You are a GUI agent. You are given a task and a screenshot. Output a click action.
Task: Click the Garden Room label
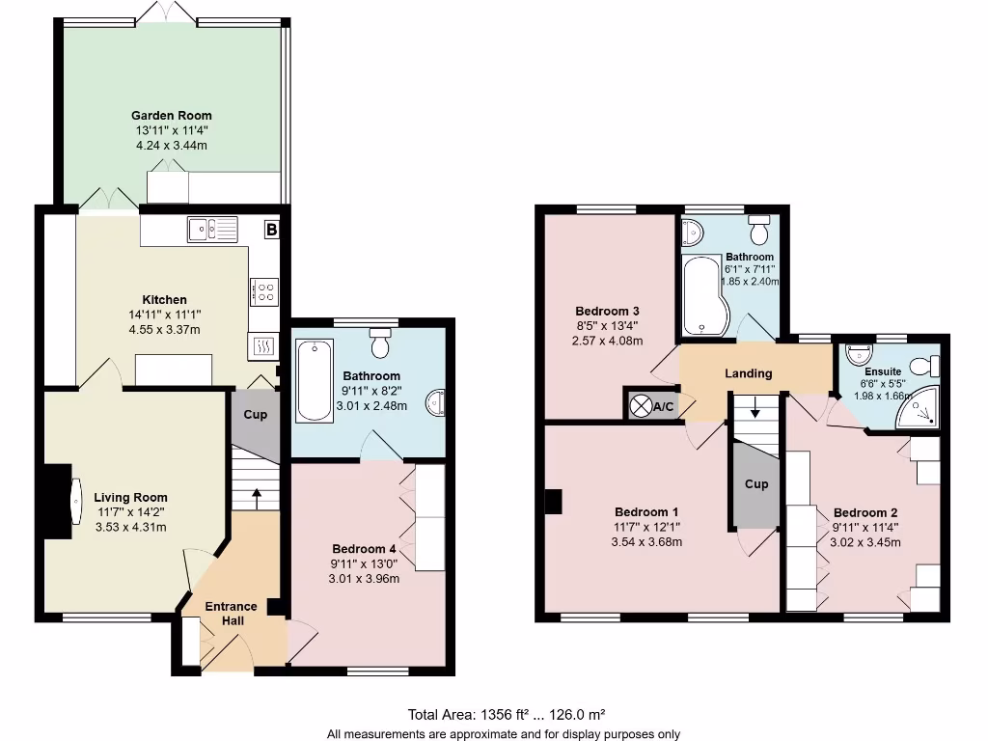[172, 116]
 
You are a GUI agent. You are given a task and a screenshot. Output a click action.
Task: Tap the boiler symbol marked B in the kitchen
[271, 230]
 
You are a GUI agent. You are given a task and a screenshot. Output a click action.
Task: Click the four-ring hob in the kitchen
[264, 290]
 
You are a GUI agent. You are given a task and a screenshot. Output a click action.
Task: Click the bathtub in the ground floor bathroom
[312, 381]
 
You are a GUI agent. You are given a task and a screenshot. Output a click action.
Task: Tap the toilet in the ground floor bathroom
[381, 343]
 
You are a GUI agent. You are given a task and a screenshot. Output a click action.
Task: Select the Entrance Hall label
[232, 614]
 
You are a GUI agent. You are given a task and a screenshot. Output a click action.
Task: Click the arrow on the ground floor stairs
[256, 496]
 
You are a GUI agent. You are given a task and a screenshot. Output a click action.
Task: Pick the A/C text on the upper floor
[664, 407]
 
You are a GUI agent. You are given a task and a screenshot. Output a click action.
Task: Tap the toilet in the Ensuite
[928, 364]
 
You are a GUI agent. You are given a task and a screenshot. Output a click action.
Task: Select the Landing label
[748, 373]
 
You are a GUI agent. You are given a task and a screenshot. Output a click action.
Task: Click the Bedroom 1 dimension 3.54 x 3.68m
[646, 542]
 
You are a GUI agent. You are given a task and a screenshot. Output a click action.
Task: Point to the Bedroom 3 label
[607, 311]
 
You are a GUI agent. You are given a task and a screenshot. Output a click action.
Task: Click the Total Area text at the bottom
[507, 715]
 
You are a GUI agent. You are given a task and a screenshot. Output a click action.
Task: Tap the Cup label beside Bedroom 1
[756, 483]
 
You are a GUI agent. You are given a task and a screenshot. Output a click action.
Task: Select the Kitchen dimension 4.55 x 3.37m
[165, 329]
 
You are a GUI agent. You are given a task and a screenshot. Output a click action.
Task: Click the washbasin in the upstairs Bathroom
[693, 232]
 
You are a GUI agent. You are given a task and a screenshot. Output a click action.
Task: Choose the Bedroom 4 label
[364, 547]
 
